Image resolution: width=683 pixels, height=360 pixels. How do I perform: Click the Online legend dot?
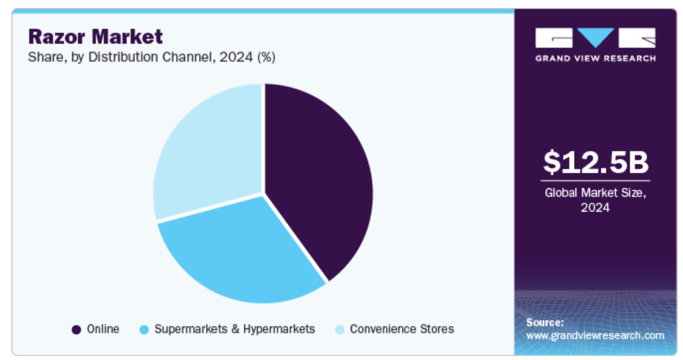pos(76,330)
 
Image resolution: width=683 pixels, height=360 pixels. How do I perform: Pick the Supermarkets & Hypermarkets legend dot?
pos(144,330)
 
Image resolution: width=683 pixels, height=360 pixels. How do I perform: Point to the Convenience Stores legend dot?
pos(340,330)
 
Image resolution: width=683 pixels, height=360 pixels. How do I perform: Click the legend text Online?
pos(103,329)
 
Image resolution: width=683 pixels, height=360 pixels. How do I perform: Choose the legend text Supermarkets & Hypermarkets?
pos(234,329)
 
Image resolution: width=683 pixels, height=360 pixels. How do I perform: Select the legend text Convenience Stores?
pos(401,329)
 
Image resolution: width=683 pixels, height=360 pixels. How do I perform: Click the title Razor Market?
pos(95,36)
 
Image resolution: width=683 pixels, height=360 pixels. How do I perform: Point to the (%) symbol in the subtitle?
pos(266,57)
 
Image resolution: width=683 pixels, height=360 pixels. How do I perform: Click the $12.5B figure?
pos(595,162)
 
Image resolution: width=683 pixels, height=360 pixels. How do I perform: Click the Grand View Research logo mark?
pos(595,38)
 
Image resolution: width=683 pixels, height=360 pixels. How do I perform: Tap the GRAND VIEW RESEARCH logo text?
pos(595,58)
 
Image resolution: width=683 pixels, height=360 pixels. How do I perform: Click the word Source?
pos(544,322)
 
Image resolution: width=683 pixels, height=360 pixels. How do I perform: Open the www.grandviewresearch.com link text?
pos(595,335)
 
